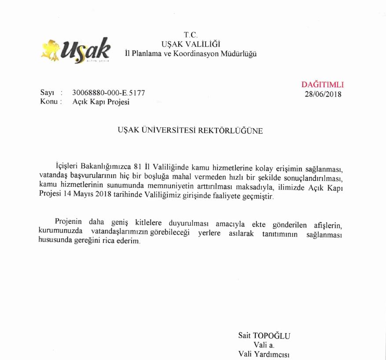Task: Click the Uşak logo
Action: coord(75,50)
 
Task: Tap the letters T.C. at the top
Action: coord(191,34)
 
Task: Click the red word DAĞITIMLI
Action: coord(323,85)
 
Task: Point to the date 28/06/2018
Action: coord(323,93)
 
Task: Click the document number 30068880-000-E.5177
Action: coord(108,93)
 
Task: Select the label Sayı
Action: coord(47,93)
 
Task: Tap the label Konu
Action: coord(48,102)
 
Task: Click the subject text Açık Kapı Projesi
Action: coord(101,102)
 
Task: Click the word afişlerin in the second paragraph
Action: coord(326,221)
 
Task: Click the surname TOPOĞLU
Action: coord(273,335)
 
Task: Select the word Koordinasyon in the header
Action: coord(201,54)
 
